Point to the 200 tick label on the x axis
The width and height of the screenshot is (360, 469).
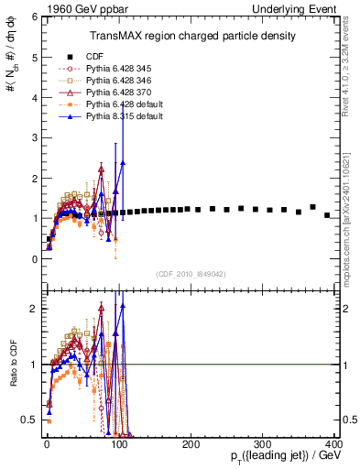tap(191, 443)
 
